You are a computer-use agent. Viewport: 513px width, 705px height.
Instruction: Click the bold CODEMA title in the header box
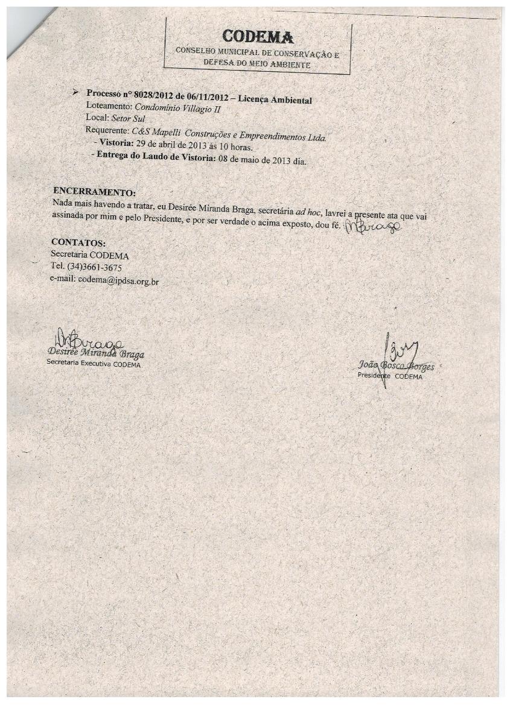[258, 37]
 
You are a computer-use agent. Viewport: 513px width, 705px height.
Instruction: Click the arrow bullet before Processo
[75, 92]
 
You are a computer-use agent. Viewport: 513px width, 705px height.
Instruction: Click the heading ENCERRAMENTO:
[94, 192]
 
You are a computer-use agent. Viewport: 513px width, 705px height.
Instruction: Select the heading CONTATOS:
[78, 243]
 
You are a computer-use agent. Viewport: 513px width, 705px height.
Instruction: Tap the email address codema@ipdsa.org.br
[118, 280]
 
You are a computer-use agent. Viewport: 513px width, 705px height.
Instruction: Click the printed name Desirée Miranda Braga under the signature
[95, 353]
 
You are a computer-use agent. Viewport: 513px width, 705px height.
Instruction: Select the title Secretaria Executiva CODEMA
[94, 364]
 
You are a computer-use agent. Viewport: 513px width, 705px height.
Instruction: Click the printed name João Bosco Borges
[395, 365]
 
